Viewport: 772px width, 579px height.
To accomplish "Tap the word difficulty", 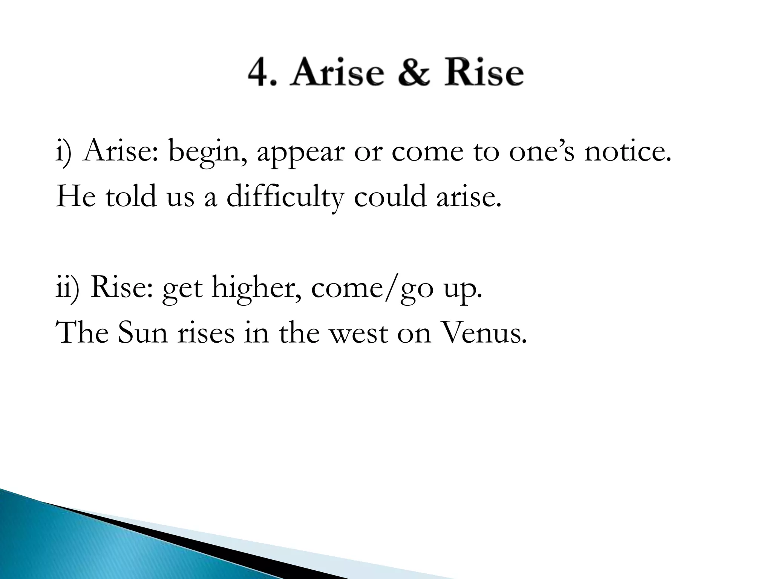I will (x=285, y=197).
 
